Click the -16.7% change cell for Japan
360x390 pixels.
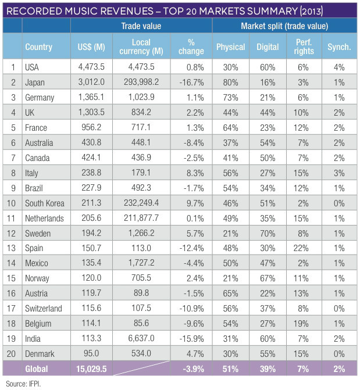pyautogui.click(x=191, y=83)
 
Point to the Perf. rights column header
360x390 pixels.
pyautogui.click(x=304, y=47)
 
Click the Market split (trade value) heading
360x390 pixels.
pyautogui.click(x=284, y=26)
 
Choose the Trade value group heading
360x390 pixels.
pyautogui.click(x=141, y=26)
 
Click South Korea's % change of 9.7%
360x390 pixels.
pyautogui.click(x=191, y=204)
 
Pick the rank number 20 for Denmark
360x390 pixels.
pyautogui.click(x=11, y=353)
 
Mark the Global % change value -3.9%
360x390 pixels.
pyautogui.click(x=191, y=368)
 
